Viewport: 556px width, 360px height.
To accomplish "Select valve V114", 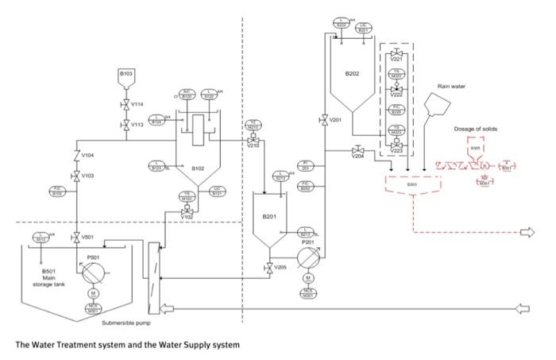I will (x=125, y=104).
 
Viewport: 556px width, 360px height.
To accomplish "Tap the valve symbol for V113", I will (x=125, y=124).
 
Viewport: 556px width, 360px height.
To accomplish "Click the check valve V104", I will (x=76, y=156).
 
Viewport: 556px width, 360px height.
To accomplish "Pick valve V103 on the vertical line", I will (x=76, y=176).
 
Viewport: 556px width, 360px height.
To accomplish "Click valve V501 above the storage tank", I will (x=76, y=236).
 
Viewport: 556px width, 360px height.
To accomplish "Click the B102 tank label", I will (x=199, y=168).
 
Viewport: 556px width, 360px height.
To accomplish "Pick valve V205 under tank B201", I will (x=269, y=268).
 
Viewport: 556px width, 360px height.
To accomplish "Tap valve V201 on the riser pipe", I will (x=324, y=120).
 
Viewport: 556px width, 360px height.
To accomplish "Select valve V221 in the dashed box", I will (x=396, y=52).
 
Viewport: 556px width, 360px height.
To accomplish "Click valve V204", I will (x=358, y=150).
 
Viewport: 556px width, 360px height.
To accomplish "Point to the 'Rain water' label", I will (x=451, y=85).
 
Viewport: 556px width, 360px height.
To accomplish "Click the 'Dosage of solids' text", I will (x=477, y=128).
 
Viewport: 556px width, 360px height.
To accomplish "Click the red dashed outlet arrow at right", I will (x=525, y=232).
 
